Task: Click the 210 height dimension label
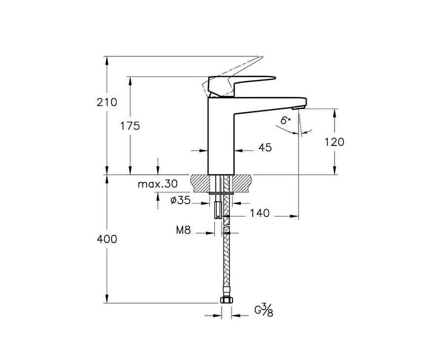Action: (x=107, y=103)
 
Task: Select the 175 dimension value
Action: (x=130, y=126)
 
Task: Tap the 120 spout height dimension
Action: (x=335, y=142)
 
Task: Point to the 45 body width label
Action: (x=265, y=147)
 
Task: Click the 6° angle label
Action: (x=285, y=120)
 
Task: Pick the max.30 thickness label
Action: (x=158, y=184)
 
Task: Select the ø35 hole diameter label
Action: (x=180, y=200)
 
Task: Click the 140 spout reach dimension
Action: (x=260, y=213)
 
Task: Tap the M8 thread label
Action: (x=184, y=230)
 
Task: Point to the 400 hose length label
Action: (x=107, y=239)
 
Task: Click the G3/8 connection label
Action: (x=264, y=311)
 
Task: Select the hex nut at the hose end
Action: (x=226, y=300)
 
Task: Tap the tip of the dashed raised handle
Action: (x=262, y=57)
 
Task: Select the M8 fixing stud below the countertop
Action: (x=218, y=210)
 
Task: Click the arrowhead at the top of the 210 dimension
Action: (x=107, y=60)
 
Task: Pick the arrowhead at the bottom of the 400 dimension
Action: (x=107, y=299)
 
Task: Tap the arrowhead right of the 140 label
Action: (x=294, y=216)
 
